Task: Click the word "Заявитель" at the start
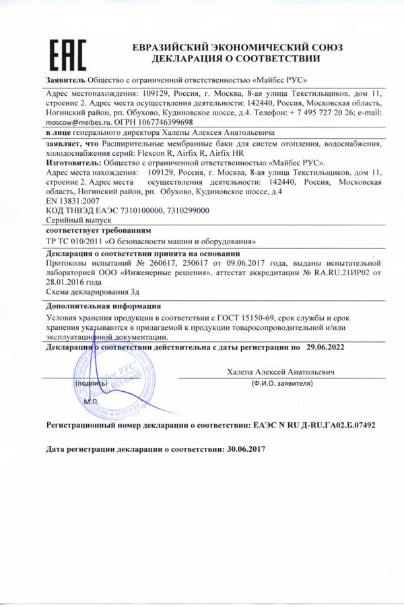click(x=65, y=80)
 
